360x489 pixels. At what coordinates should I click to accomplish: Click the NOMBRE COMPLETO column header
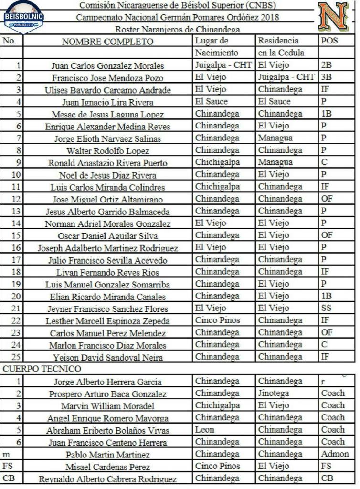(x=107, y=42)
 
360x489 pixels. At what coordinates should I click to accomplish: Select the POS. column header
(x=330, y=41)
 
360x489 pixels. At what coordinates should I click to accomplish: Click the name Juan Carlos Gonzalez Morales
(x=107, y=66)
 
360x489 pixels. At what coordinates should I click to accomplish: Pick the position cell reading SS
(x=327, y=308)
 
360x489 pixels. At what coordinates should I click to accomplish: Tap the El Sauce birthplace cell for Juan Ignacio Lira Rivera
(x=212, y=101)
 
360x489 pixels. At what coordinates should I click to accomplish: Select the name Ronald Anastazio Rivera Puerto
(x=107, y=163)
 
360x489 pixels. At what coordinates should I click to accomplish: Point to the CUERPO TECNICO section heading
(x=42, y=369)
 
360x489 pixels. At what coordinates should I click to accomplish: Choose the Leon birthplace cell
(x=205, y=429)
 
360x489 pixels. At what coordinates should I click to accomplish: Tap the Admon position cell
(x=335, y=454)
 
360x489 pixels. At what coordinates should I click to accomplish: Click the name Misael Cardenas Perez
(x=107, y=467)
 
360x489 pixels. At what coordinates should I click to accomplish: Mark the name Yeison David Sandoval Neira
(x=107, y=357)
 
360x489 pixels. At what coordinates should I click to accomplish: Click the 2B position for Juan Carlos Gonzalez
(x=327, y=65)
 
